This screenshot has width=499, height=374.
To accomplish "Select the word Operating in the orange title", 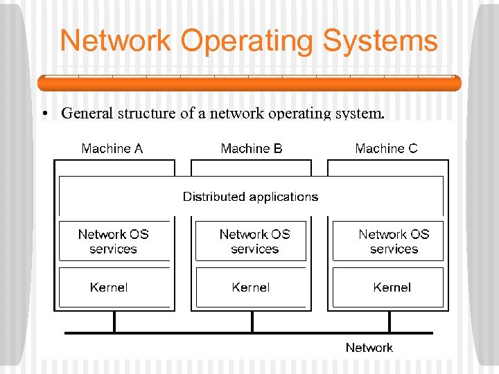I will pyautogui.click(x=241, y=42).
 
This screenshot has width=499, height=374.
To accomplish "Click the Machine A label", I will pyautogui.click(x=112, y=148).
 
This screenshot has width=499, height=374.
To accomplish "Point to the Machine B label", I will pyautogui.click(x=252, y=148).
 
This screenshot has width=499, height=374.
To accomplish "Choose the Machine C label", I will pyautogui.click(x=386, y=148).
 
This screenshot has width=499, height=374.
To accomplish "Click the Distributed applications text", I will pyautogui.click(x=250, y=197).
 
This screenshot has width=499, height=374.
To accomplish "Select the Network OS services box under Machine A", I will pyautogui.click(x=114, y=242).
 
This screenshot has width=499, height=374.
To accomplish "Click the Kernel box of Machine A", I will pyautogui.click(x=114, y=287).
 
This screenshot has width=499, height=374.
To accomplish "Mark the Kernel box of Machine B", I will pyautogui.click(x=251, y=287).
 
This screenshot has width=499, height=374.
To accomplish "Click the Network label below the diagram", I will pyautogui.click(x=369, y=348).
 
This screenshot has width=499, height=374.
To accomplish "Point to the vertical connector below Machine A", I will pyautogui.click(x=115, y=322).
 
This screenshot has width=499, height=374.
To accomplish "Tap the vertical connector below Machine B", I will pyautogui.click(x=252, y=322).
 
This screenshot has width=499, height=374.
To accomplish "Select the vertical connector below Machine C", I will pyautogui.click(x=389, y=322).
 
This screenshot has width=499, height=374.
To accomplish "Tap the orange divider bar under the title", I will pyautogui.click(x=249, y=83).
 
